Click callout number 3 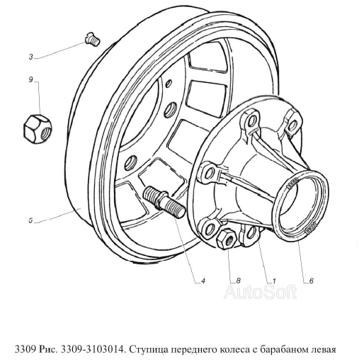click(x=31, y=57)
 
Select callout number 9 click(x=30, y=79)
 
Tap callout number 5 click(x=30, y=221)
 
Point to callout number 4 click(x=203, y=281)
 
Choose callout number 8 click(x=238, y=281)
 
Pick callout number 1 click(x=274, y=281)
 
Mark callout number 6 click(x=311, y=281)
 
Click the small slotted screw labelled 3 click(x=92, y=40)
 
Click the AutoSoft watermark click(x=261, y=292)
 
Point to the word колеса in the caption click(x=234, y=350)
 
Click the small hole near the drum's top click(x=169, y=84)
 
